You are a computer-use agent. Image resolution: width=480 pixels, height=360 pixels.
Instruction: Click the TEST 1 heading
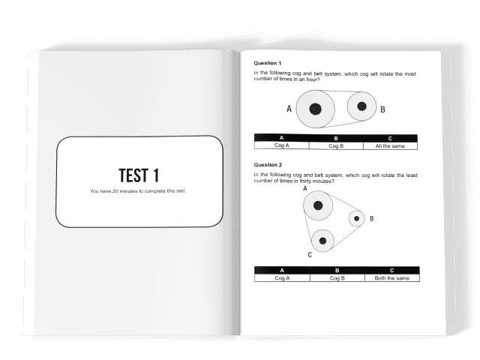point(139,175)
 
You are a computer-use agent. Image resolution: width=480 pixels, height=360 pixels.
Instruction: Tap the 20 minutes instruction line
point(138,191)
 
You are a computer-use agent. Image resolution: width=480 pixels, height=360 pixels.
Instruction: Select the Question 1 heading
point(267,63)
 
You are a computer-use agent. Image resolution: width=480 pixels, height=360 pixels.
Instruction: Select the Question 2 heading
point(268,165)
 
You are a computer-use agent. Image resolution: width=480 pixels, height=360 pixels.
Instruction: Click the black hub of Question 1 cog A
point(315,109)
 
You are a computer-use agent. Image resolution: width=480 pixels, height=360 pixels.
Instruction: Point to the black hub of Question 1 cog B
point(361,106)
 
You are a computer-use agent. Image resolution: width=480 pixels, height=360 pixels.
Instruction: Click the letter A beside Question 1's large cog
point(289,109)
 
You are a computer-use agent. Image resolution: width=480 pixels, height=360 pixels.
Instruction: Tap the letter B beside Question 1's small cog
point(382,109)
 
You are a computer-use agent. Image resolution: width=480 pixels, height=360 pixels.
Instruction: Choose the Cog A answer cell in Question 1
point(282,145)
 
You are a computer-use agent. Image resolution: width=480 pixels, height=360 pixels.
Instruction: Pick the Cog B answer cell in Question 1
point(336,146)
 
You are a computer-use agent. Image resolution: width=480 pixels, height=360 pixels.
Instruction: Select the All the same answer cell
point(390,146)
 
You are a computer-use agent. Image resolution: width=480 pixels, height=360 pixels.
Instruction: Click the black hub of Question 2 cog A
point(318,205)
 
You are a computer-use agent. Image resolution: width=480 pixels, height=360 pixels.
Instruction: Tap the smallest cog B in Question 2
point(357,218)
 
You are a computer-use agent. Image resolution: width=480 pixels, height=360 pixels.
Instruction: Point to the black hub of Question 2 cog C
point(322,241)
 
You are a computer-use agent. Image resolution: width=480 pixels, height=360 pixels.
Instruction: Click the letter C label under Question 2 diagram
point(310,255)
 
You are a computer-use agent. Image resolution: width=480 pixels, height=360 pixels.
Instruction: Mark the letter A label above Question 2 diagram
point(305,188)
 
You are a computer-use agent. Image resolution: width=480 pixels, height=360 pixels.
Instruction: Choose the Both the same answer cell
point(392,278)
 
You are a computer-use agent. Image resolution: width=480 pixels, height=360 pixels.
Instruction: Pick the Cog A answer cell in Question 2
point(282,278)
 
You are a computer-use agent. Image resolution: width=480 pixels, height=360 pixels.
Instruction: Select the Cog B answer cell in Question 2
point(337,278)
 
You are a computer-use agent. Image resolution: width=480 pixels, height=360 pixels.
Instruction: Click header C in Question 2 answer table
point(391,270)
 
